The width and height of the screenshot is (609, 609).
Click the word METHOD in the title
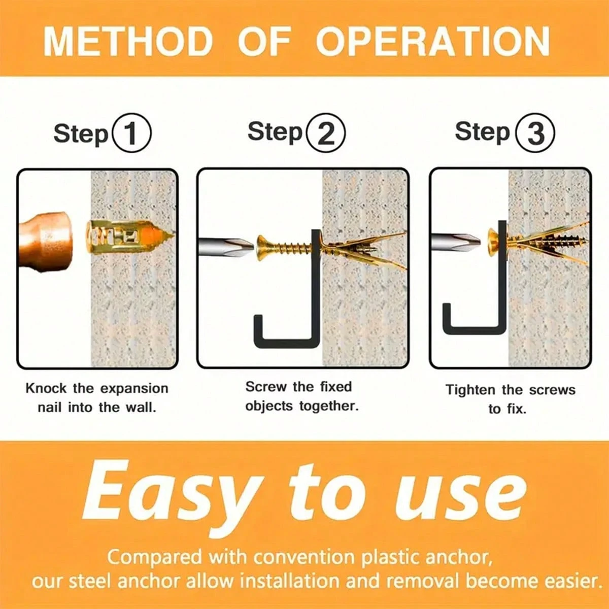[x=128, y=42]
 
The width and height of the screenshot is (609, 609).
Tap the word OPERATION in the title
[x=433, y=42]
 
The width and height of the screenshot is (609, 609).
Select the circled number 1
[x=132, y=133]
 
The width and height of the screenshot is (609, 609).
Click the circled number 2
[x=326, y=133]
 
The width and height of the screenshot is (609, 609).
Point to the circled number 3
[x=535, y=132]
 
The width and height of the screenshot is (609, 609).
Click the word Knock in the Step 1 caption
[x=46, y=388]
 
